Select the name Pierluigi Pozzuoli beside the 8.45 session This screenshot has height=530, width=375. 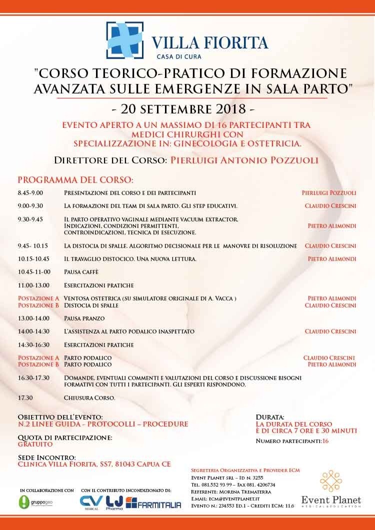click(x=328, y=192)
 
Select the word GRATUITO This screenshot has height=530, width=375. click(x=35, y=444)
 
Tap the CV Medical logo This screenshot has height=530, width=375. click(x=91, y=502)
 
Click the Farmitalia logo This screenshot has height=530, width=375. click(x=153, y=502)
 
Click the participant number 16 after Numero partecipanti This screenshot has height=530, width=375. click(x=325, y=441)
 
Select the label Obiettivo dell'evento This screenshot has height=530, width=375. click(x=60, y=417)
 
